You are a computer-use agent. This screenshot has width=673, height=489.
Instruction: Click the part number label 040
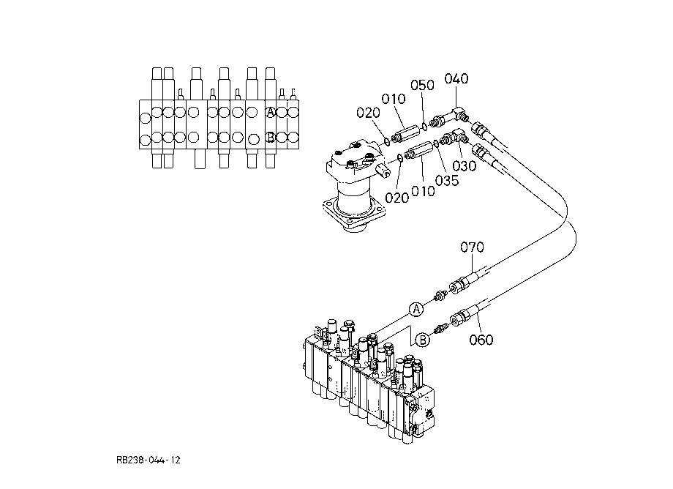456,78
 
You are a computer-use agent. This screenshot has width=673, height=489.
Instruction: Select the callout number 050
422,85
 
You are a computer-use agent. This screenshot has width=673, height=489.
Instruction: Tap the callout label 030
465,165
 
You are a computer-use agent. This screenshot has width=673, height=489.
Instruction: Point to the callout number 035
447,181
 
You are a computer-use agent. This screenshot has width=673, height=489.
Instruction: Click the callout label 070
472,247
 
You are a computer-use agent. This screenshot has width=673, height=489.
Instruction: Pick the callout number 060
481,340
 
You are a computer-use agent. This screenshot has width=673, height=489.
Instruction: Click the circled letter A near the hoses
416,309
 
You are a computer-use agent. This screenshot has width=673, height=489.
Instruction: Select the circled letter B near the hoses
423,340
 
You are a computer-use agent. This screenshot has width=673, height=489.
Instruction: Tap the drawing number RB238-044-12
148,460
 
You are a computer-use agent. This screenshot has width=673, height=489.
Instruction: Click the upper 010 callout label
394,99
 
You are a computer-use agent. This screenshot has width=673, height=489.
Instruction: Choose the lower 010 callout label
423,191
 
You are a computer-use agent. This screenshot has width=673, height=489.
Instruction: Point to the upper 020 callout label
368,113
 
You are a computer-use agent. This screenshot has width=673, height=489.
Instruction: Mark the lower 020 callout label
396,198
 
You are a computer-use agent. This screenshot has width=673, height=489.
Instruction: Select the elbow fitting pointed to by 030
454,138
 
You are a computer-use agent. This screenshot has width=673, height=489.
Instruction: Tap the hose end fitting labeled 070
459,284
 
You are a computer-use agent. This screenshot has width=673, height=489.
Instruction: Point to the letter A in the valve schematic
270,112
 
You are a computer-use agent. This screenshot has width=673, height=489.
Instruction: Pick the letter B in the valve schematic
271,138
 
